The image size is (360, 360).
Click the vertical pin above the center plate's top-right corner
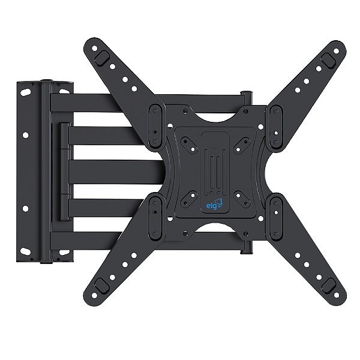click(245, 96)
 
